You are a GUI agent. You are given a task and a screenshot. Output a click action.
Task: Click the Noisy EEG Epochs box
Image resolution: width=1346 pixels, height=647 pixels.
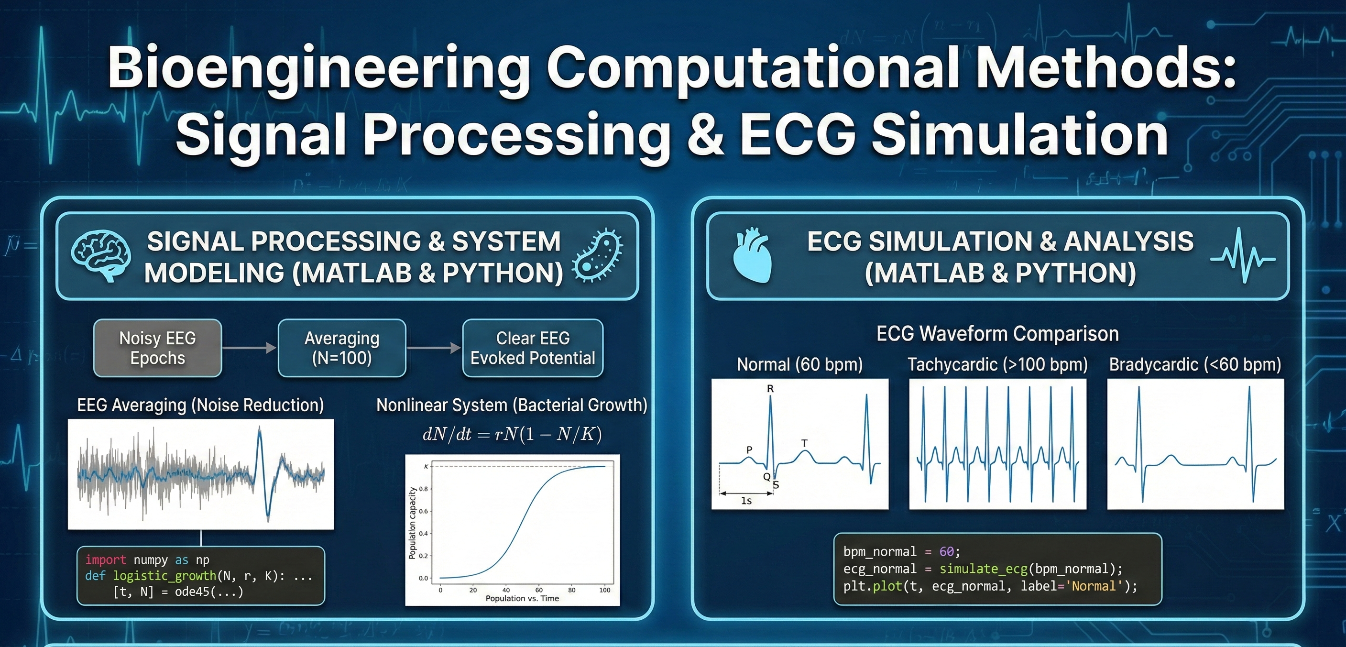157,348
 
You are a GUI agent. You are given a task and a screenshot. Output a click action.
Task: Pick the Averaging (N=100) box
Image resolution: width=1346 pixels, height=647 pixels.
342,348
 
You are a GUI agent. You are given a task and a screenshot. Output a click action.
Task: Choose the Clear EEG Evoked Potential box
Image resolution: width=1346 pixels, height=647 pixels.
533,348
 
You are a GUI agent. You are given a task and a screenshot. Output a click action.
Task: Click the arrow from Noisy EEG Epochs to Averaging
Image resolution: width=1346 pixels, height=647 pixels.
249,348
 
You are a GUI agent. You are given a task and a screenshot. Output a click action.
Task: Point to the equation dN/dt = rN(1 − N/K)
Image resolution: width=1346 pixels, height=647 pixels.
512,434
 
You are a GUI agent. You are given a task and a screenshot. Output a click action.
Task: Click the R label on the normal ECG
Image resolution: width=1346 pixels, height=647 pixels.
770,389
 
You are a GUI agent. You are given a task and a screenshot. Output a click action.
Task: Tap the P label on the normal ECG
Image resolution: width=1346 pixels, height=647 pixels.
749,450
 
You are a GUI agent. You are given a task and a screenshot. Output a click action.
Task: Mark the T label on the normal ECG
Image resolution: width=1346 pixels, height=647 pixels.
804,443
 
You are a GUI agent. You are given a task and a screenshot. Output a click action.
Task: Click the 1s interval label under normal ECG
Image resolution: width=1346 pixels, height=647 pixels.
746,501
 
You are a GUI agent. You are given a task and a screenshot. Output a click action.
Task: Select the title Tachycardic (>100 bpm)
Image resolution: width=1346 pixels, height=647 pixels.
997,364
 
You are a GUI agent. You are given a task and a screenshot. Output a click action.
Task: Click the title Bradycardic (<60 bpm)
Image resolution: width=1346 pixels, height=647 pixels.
1195,364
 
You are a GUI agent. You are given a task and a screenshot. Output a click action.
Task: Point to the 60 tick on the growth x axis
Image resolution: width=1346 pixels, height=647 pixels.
539,590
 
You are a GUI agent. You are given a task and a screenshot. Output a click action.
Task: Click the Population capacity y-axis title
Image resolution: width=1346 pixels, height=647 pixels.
412,523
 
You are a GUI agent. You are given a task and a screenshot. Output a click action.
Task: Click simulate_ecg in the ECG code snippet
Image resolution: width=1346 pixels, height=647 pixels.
984,569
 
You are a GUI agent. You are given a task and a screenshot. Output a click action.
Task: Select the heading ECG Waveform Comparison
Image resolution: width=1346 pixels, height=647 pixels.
997,333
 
